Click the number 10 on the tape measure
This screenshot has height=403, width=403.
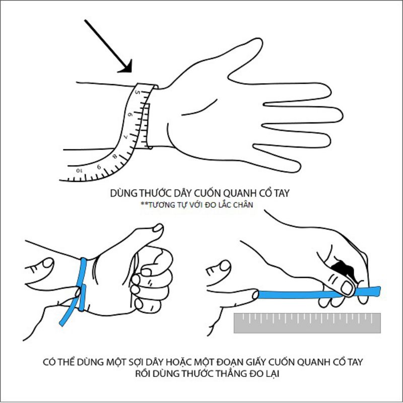(x=79, y=171)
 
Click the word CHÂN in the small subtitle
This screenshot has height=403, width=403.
(x=245, y=205)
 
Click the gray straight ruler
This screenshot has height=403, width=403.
(x=307, y=322)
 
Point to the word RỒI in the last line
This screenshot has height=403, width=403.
(x=142, y=375)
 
